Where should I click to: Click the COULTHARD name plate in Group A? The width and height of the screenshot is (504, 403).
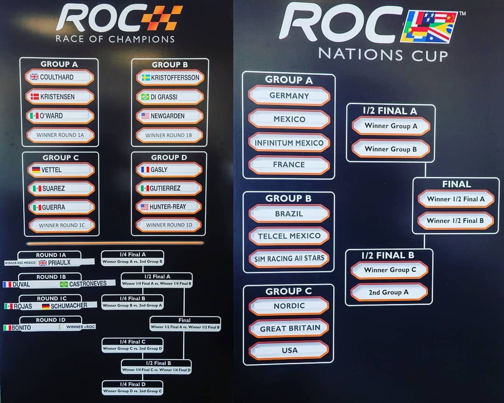click(x=60, y=77)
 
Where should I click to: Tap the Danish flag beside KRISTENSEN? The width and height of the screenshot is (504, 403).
click(x=34, y=97)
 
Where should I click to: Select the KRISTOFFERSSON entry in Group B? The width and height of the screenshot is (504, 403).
click(x=170, y=78)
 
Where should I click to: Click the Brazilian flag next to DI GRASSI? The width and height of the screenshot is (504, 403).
click(x=145, y=97)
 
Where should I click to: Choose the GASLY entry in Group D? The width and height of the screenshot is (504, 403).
click(x=169, y=170)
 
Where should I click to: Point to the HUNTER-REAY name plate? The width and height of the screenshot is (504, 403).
click(x=169, y=206)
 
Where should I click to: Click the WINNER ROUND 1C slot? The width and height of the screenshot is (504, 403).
click(x=62, y=225)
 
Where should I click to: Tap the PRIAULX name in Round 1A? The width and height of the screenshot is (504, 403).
click(x=59, y=262)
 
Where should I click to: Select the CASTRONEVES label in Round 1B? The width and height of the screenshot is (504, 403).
click(x=87, y=283)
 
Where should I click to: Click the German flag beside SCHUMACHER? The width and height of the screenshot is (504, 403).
click(x=46, y=306)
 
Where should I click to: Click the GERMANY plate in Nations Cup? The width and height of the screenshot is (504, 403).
click(x=289, y=95)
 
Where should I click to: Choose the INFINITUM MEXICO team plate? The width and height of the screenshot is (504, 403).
click(x=289, y=142)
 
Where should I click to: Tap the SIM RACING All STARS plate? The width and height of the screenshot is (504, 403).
click(x=289, y=258)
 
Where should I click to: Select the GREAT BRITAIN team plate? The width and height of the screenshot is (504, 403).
click(x=289, y=328)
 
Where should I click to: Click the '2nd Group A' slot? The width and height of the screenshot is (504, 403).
click(x=389, y=292)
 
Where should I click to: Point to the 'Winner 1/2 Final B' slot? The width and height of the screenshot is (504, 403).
click(x=455, y=220)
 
